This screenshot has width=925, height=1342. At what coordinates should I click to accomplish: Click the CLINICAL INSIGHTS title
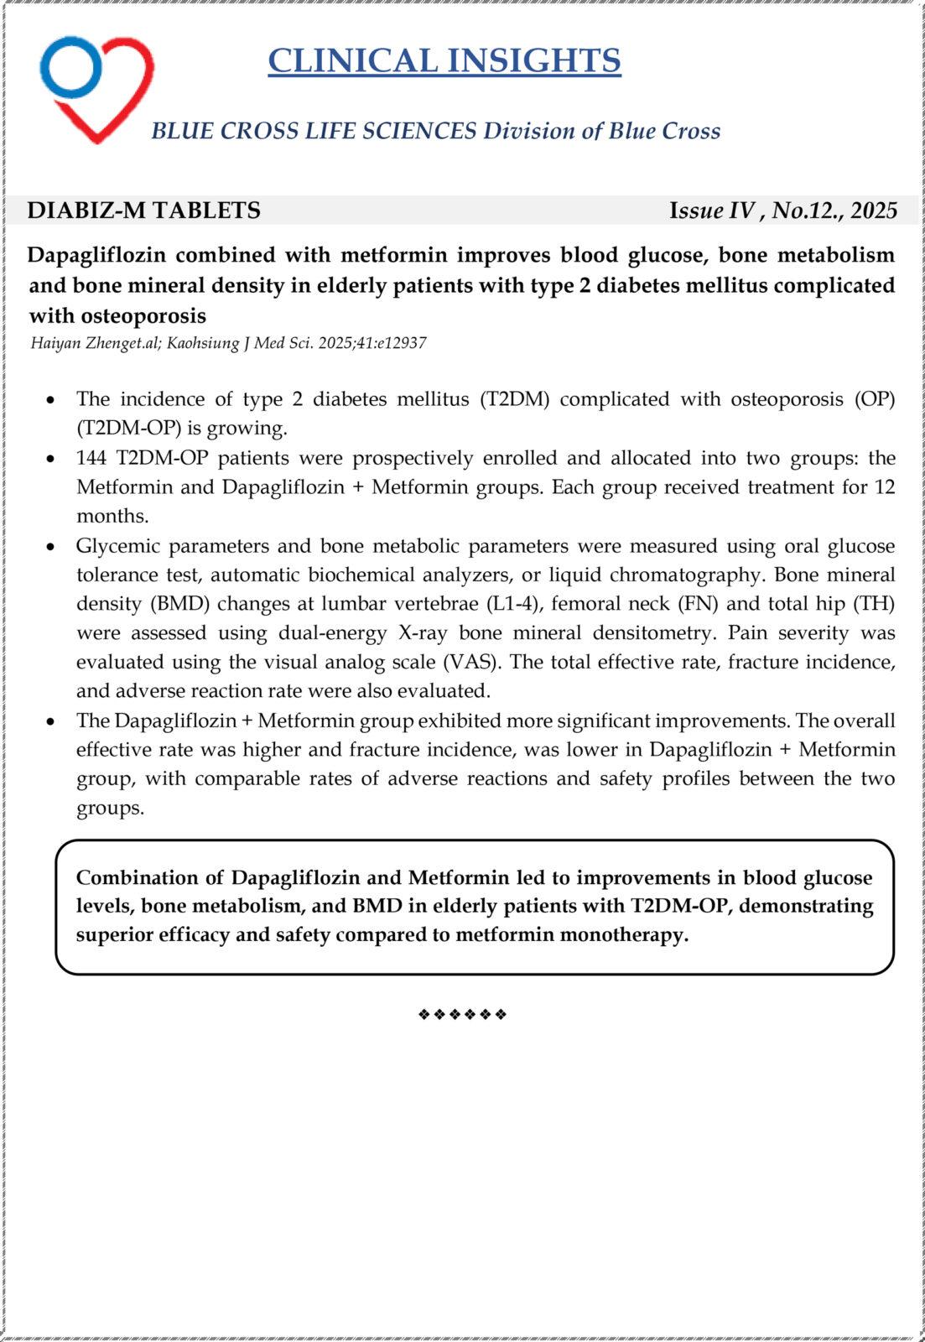(x=444, y=61)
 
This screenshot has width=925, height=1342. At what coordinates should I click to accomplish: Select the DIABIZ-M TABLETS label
(x=143, y=211)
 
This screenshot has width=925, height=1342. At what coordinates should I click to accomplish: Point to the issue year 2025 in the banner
(x=874, y=211)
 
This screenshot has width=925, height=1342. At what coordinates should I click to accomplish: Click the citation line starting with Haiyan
(x=228, y=343)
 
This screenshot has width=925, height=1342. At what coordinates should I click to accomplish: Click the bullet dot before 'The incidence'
(x=51, y=400)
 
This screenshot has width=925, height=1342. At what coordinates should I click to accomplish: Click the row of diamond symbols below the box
(x=462, y=1015)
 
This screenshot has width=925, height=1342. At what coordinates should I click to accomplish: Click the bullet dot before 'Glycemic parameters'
(x=51, y=547)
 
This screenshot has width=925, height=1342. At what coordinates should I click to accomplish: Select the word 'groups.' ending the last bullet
(x=110, y=809)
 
